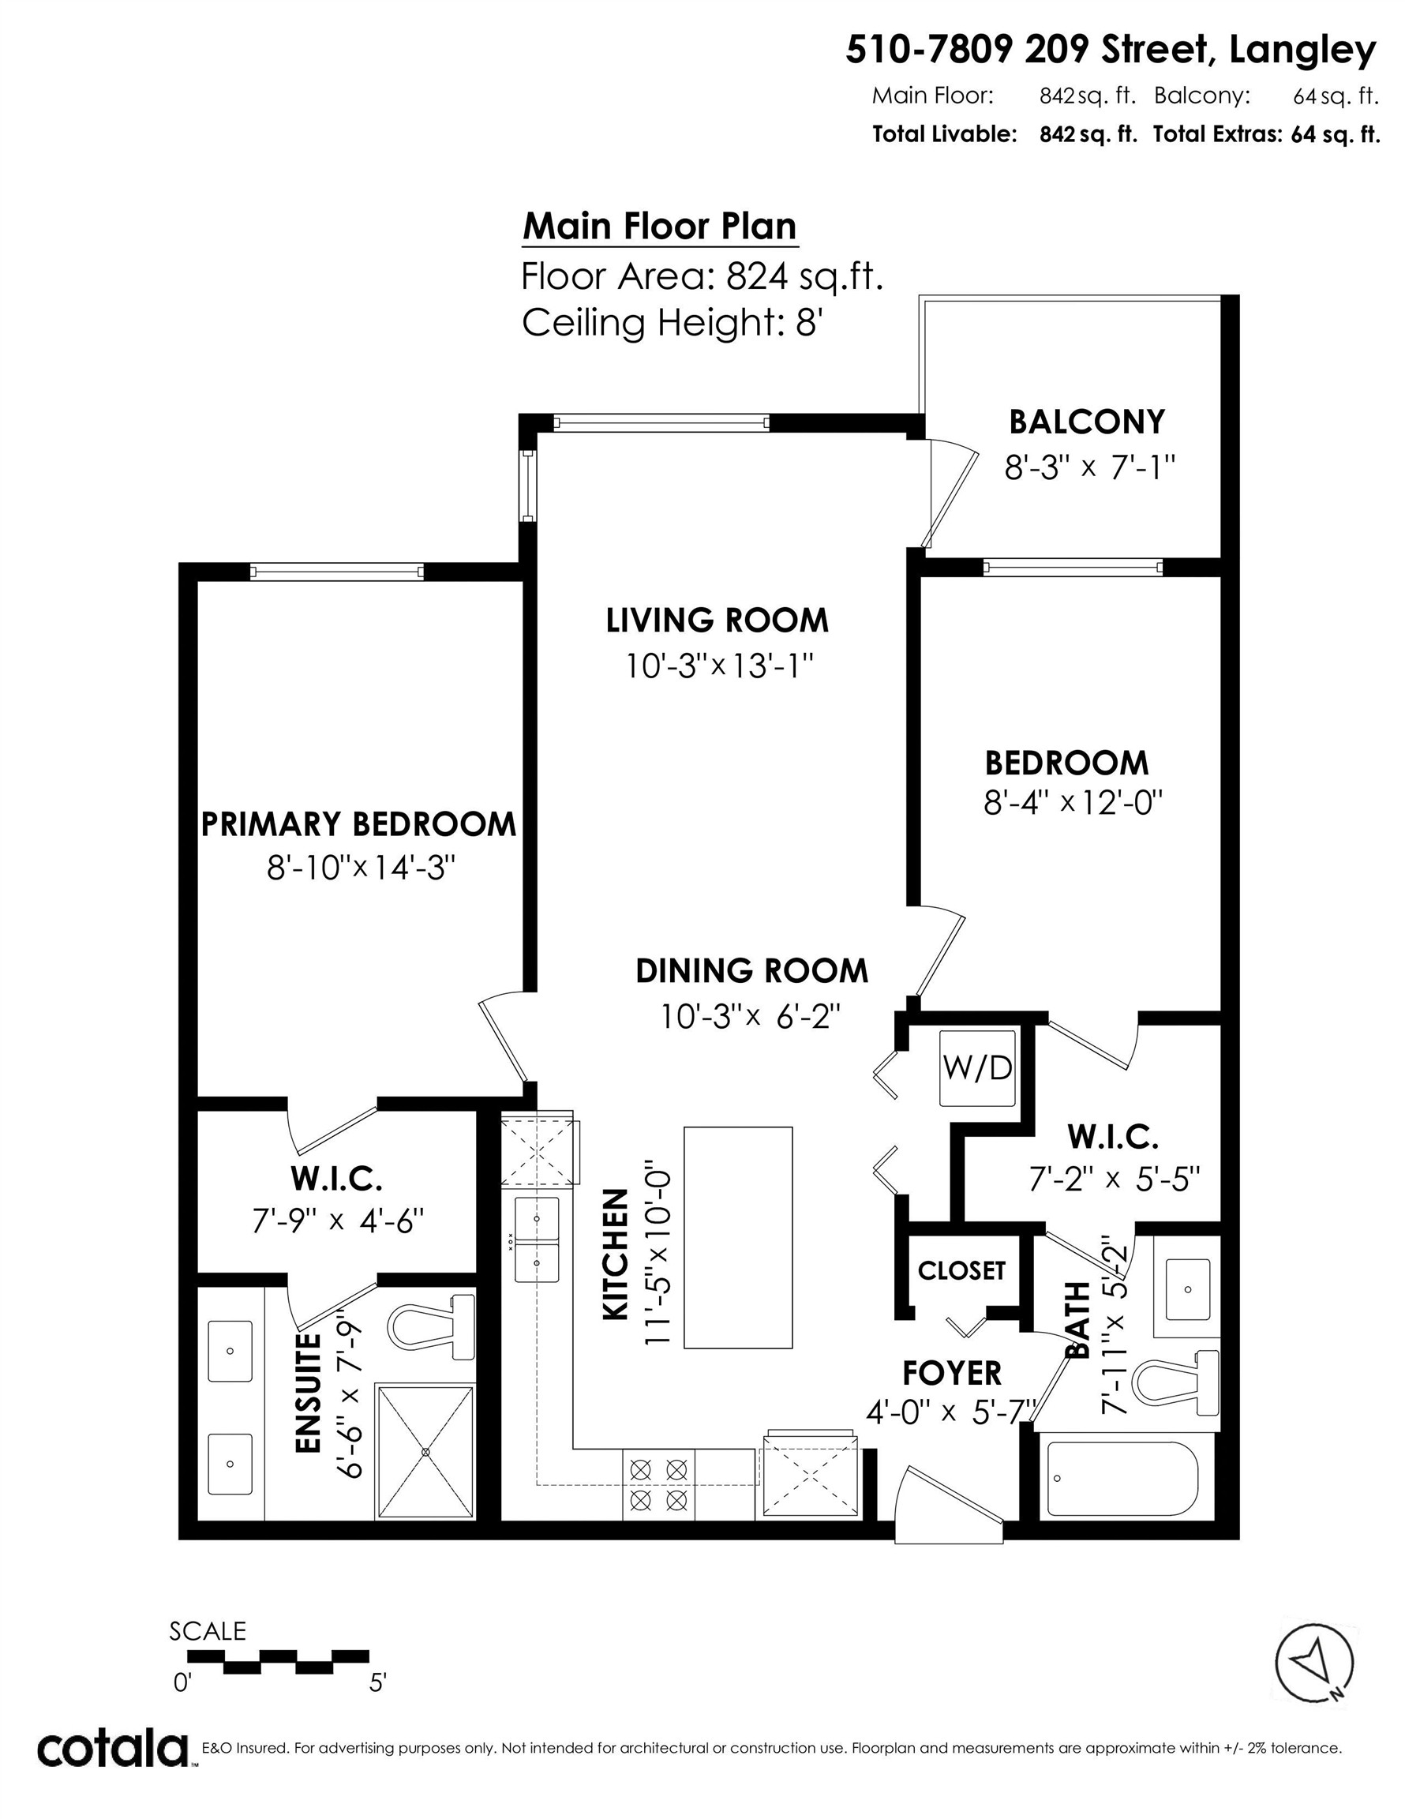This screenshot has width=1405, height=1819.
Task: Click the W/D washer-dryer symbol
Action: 977,1067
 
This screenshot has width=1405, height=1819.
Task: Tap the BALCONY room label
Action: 1086,422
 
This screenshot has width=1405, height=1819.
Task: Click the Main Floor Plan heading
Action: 660,227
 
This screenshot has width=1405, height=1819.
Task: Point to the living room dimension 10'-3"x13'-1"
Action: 719,666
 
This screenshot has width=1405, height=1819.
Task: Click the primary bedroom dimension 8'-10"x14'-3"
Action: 361,868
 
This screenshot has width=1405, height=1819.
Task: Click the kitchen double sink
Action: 537,1240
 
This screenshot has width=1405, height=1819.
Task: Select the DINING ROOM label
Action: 751,971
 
